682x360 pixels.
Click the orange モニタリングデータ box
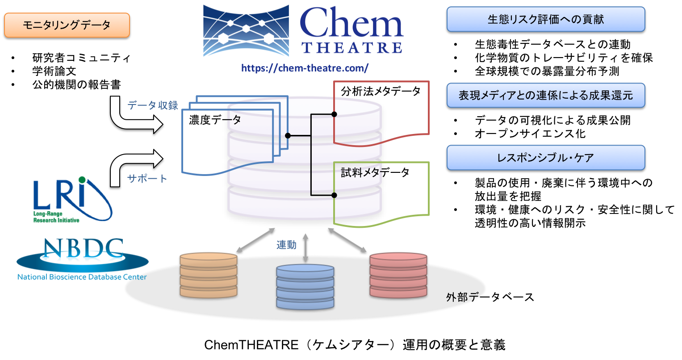click(x=67, y=25)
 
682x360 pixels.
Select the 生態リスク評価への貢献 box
click(x=545, y=19)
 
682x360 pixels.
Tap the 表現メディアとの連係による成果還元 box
click(x=545, y=95)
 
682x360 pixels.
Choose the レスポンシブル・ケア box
click(x=545, y=158)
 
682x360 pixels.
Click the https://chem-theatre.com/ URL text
click(x=305, y=68)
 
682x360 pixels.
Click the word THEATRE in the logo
click(x=352, y=47)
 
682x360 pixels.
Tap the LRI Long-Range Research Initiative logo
click(x=73, y=199)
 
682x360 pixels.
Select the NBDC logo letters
click(x=84, y=250)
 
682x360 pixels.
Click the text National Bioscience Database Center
click(x=82, y=277)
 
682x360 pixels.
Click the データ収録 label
click(x=153, y=105)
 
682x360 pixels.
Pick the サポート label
click(x=147, y=179)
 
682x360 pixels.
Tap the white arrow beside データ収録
click(x=134, y=117)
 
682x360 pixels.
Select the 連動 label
click(x=286, y=245)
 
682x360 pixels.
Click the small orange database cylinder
click(x=208, y=275)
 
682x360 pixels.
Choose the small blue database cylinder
click(x=305, y=287)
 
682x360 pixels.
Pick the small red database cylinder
click(x=398, y=275)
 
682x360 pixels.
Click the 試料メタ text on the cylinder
click(x=360, y=172)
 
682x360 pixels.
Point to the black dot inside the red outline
click(x=334, y=114)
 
